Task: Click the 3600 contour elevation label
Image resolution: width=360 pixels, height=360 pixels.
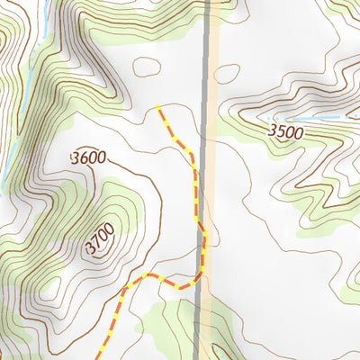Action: (x=88, y=158)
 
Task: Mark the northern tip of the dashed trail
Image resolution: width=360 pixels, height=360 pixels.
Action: (x=158, y=107)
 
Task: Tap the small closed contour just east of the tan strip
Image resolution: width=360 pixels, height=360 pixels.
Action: (x=227, y=74)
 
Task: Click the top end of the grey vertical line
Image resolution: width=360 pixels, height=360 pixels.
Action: (x=208, y=3)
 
